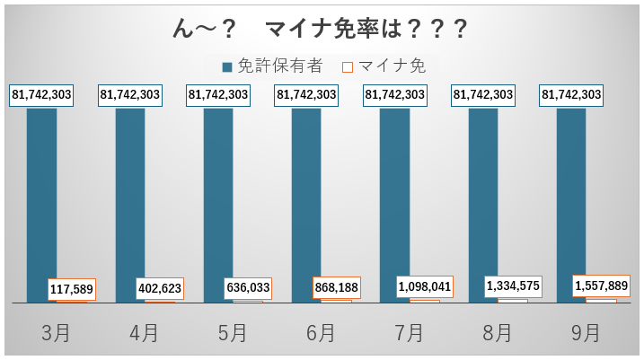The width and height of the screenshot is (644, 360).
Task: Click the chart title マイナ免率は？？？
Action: pos(321,29)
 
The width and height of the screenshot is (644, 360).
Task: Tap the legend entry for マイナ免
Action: pos(385,66)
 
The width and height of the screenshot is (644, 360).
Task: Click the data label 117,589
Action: pos(72,289)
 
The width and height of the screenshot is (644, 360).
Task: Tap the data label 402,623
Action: pos(160,289)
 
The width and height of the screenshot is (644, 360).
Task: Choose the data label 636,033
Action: pos(248,289)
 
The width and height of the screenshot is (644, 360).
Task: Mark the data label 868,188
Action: pos(336,288)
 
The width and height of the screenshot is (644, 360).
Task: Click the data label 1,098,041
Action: pos(425,287)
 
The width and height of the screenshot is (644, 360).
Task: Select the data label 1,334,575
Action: pos(513,286)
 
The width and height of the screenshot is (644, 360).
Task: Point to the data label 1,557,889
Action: pos(601,285)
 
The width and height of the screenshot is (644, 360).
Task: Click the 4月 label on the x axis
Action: pos(144,333)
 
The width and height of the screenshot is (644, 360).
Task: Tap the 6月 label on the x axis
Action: pos(321,333)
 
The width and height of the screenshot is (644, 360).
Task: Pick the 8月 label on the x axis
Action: pos(497,333)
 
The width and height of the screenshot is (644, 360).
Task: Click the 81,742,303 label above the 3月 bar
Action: pos(41,94)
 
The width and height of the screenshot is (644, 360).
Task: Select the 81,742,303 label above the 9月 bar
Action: pos(571,94)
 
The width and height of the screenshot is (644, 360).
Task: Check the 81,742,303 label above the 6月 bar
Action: pos(306,94)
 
